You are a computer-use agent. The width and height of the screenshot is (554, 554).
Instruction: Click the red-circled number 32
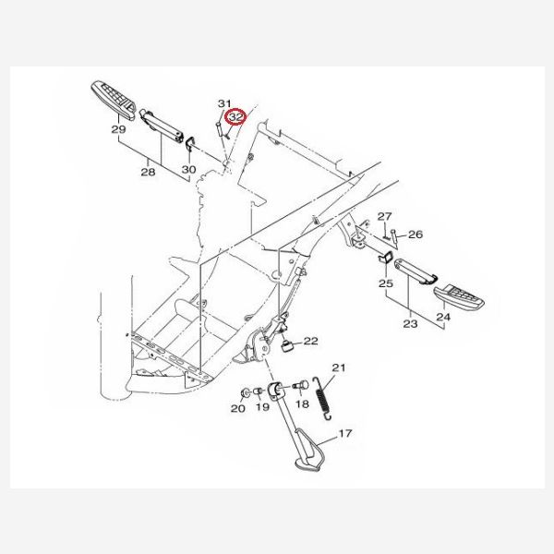point(236,116)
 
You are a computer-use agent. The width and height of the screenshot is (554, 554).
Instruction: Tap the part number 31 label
point(224,103)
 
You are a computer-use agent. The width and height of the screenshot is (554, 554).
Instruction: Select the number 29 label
point(119,129)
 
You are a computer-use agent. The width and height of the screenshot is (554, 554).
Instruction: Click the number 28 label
point(148,172)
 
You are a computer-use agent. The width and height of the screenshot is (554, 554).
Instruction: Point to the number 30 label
point(188,170)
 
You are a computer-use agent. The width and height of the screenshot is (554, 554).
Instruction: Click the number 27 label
point(385,216)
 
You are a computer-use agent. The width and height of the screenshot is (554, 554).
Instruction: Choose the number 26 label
point(415,235)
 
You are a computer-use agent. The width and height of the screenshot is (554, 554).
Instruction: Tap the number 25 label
point(386,283)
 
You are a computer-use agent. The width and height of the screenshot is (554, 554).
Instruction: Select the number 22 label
point(311,341)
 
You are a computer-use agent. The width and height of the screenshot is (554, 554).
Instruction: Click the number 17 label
point(345,433)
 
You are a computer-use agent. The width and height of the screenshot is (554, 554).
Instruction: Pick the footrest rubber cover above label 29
point(114,101)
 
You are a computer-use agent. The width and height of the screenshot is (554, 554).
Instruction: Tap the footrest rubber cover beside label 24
point(459,297)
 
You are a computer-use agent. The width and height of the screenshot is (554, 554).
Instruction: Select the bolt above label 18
point(301,385)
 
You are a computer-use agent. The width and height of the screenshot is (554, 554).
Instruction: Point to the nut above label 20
point(244,393)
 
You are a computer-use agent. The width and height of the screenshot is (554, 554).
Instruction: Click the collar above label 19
point(259,391)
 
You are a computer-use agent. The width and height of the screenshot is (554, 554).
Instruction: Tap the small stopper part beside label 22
point(287,346)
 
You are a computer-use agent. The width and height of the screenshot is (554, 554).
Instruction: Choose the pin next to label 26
point(394,237)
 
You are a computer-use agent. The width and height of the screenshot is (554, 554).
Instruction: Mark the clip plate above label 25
point(385,258)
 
